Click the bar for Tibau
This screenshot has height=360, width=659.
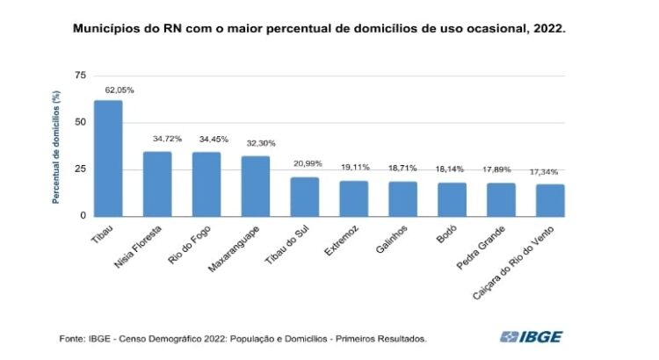(x=108, y=158)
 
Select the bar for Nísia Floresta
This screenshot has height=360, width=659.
(x=157, y=184)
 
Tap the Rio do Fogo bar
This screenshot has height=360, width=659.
(x=206, y=184)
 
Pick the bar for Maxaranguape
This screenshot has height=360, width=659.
(x=256, y=185)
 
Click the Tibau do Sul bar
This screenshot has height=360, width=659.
(x=304, y=196)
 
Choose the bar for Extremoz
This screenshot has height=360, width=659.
(x=353, y=198)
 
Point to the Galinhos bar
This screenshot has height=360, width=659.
(x=402, y=198)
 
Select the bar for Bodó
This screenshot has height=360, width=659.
(x=452, y=198)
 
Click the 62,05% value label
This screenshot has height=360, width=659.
(x=109, y=90)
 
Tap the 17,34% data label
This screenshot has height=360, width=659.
(x=550, y=172)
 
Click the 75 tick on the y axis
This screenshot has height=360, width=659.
(x=81, y=76)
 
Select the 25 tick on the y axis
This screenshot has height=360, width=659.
(x=81, y=169)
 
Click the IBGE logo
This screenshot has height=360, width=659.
(x=532, y=336)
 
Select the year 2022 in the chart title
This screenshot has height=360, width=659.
(x=547, y=29)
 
